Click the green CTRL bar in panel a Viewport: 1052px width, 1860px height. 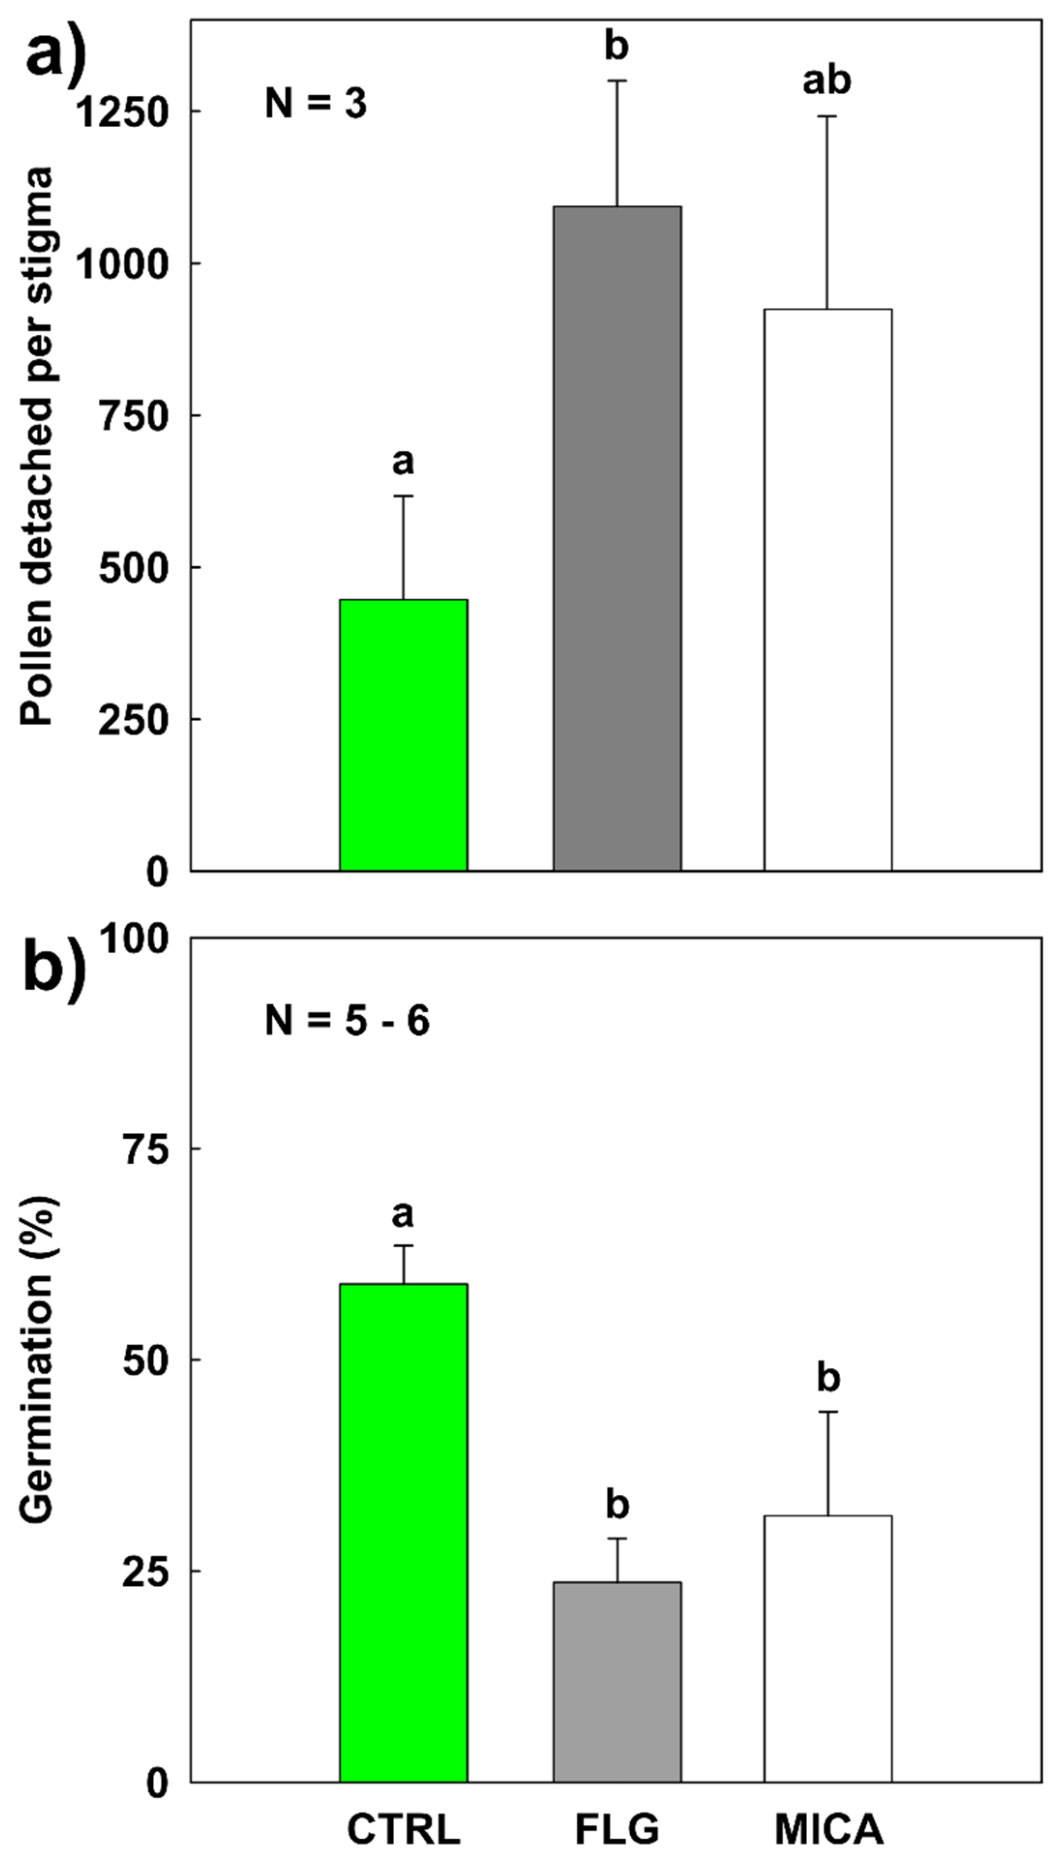pos(403,734)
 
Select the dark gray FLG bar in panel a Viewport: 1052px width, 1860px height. pos(617,538)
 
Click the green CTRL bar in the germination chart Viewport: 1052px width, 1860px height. pos(403,1532)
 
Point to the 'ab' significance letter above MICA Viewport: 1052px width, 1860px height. pos(827,81)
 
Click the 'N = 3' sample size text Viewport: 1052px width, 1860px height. pos(316,104)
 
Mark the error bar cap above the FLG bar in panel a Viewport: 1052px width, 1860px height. pos(617,81)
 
